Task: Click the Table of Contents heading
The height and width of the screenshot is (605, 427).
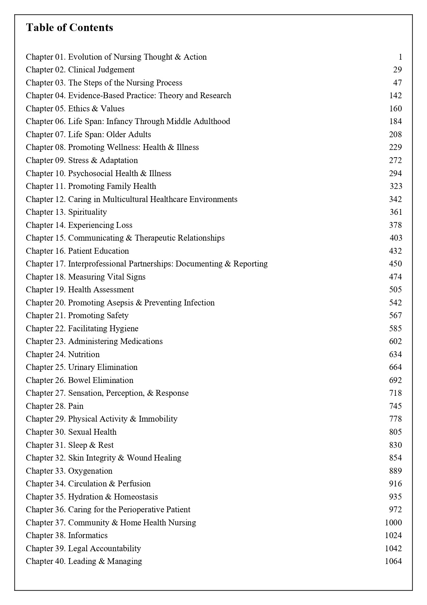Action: point(69,28)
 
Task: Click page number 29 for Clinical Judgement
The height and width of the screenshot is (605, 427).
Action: point(397,70)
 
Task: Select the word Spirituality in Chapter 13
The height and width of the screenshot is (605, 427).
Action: point(87,212)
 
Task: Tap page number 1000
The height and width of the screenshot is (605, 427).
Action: point(393,523)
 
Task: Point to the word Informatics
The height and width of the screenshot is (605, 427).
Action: point(88,535)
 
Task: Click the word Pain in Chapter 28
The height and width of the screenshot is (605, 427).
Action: point(76,406)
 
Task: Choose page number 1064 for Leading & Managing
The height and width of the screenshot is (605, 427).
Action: point(393,561)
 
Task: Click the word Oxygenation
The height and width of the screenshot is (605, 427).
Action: point(90,471)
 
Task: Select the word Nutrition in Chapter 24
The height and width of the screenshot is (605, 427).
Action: point(84,354)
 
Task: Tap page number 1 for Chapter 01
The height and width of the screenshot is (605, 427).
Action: point(400,57)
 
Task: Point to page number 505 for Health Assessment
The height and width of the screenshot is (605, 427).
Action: point(395,290)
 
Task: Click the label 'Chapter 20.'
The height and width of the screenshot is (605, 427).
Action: point(45,303)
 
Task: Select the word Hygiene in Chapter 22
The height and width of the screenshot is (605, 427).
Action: point(124,329)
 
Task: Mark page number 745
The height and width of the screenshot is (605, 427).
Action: point(395,406)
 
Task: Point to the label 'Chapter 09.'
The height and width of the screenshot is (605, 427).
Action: point(45,160)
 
